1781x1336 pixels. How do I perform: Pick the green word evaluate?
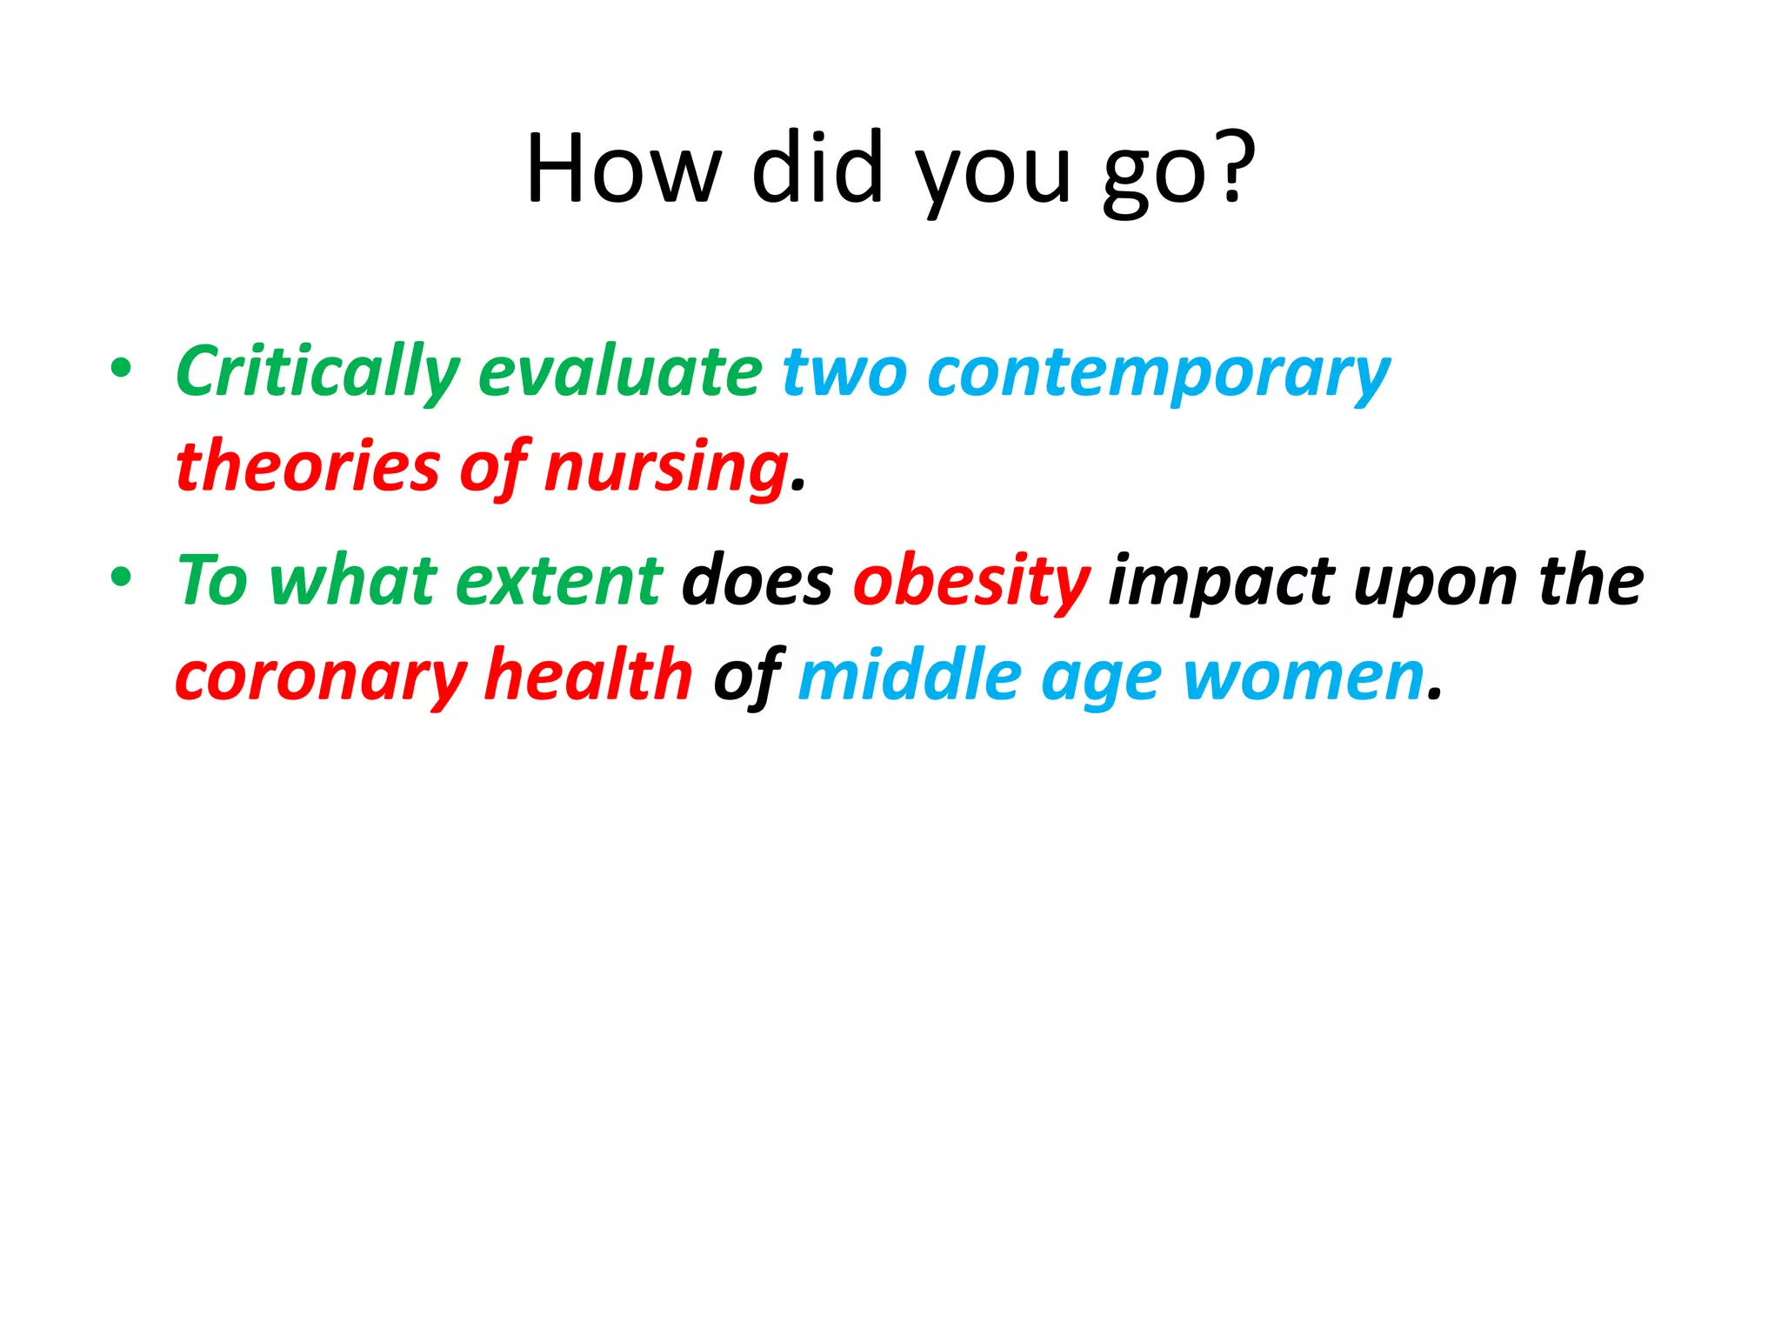(620, 371)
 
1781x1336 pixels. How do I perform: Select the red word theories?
(308, 466)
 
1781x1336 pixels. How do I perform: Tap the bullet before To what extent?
(121, 576)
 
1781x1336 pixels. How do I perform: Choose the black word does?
(757, 580)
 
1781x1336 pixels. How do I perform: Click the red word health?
(588, 674)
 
